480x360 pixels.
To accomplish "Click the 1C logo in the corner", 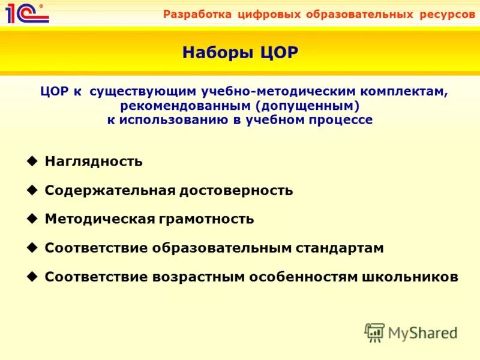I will [x=23, y=13].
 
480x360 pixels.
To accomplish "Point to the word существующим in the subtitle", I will [x=144, y=92].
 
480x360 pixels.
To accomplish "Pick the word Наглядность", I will [x=94, y=162].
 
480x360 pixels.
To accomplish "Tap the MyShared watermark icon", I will [x=374, y=332].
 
